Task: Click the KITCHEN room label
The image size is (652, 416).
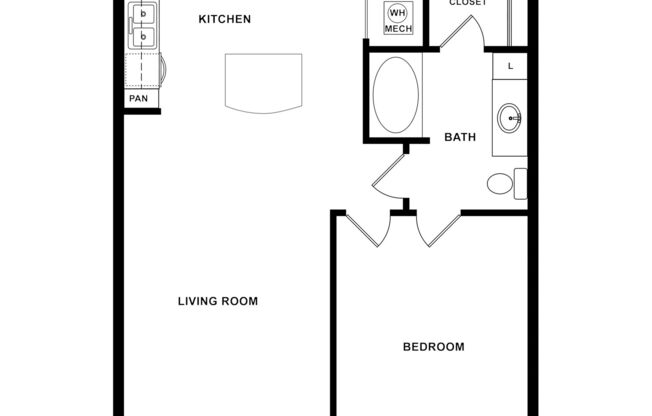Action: (224, 19)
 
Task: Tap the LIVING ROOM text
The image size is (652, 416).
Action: (218, 301)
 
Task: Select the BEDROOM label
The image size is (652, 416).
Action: (433, 347)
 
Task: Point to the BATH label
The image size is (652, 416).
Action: (459, 138)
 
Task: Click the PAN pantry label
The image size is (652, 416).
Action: (137, 99)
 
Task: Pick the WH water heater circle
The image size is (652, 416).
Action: (397, 14)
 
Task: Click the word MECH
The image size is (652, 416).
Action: (398, 30)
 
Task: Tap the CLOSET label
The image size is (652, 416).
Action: (467, 4)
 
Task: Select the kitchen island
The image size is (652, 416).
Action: (263, 83)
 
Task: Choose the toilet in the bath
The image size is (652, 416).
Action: (503, 183)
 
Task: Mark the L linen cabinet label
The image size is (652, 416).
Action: (510, 66)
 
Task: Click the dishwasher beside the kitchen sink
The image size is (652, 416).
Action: (143, 71)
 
